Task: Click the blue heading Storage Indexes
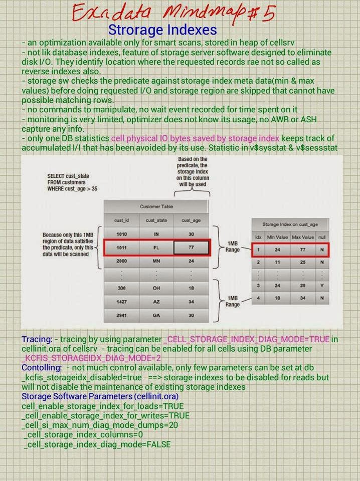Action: [162, 30]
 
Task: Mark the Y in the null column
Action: [321, 285]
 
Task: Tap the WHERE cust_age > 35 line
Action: [74, 190]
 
